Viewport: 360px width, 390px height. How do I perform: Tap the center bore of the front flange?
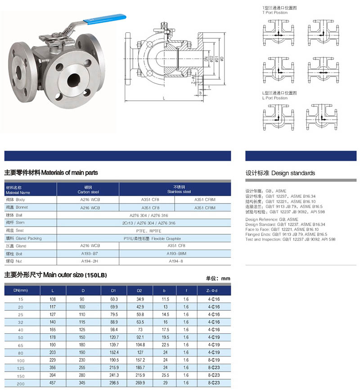[72, 81]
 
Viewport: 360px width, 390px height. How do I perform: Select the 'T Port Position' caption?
[275, 13]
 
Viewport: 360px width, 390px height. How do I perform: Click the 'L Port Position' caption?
[275, 98]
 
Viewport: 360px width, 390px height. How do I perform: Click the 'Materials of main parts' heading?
[51, 172]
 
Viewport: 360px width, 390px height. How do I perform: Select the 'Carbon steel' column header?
[88, 189]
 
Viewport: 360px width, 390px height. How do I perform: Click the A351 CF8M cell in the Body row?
[205, 200]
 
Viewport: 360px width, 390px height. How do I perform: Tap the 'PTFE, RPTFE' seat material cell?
[148, 231]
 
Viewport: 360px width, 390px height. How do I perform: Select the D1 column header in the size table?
[114, 291]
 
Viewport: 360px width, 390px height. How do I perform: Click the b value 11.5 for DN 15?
[165, 299]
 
